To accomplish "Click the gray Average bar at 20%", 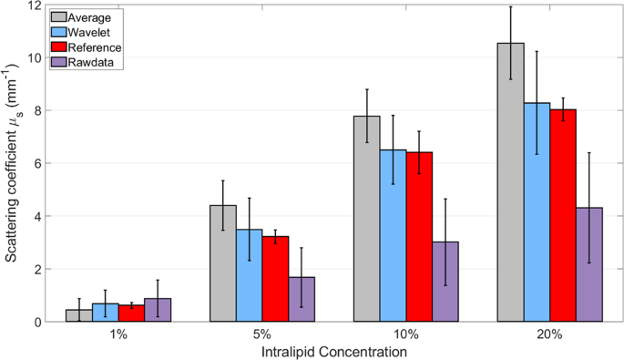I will pos(510,182).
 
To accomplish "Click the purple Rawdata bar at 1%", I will pos(158,310).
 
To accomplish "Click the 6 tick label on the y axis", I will pos(35,164).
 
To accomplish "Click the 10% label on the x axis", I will pos(406,334).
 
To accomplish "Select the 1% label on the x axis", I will pos(118,334).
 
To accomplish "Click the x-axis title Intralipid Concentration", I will pos(334,351).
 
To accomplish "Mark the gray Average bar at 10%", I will pos(367,219).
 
